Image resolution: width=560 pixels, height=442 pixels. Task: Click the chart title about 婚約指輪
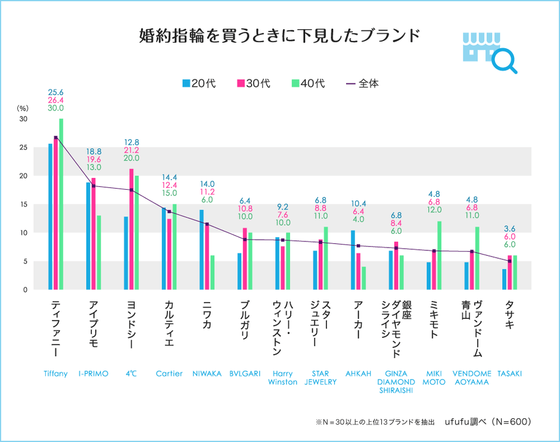(x=279, y=35)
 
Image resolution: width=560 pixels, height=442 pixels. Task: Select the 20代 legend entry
(x=198, y=83)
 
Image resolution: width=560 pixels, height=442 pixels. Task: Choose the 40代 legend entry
(x=308, y=83)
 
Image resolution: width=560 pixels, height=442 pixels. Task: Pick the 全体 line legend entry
(x=362, y=83)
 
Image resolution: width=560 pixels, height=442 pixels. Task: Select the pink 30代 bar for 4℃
(x=132, y=229)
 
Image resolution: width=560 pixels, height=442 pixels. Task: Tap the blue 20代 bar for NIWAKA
(x=201, y=250)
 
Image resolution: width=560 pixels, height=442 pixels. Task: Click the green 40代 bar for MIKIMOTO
(x=440, y=255)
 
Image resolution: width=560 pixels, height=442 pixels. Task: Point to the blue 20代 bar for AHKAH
(x=353, y=260)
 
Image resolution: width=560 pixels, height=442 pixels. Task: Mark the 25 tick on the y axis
(x=24, y=148)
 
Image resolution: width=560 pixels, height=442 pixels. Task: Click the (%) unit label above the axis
(x=23, y=108)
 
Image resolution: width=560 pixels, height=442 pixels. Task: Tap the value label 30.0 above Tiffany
(x=55, y=108)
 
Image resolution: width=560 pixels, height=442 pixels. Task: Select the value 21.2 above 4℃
(x=132, y=151)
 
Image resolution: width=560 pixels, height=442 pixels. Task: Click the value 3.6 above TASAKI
(x=509, y=228)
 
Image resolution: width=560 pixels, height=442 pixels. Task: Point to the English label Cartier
(x=169, y=374)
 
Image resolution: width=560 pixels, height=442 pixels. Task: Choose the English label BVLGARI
(x=245, y=374)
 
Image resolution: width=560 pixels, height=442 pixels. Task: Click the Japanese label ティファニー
(x=55, y=331)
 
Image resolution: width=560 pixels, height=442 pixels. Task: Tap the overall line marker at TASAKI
(x=509, y=261)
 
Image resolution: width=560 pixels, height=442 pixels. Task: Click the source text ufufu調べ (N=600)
(x=487, y=421)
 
